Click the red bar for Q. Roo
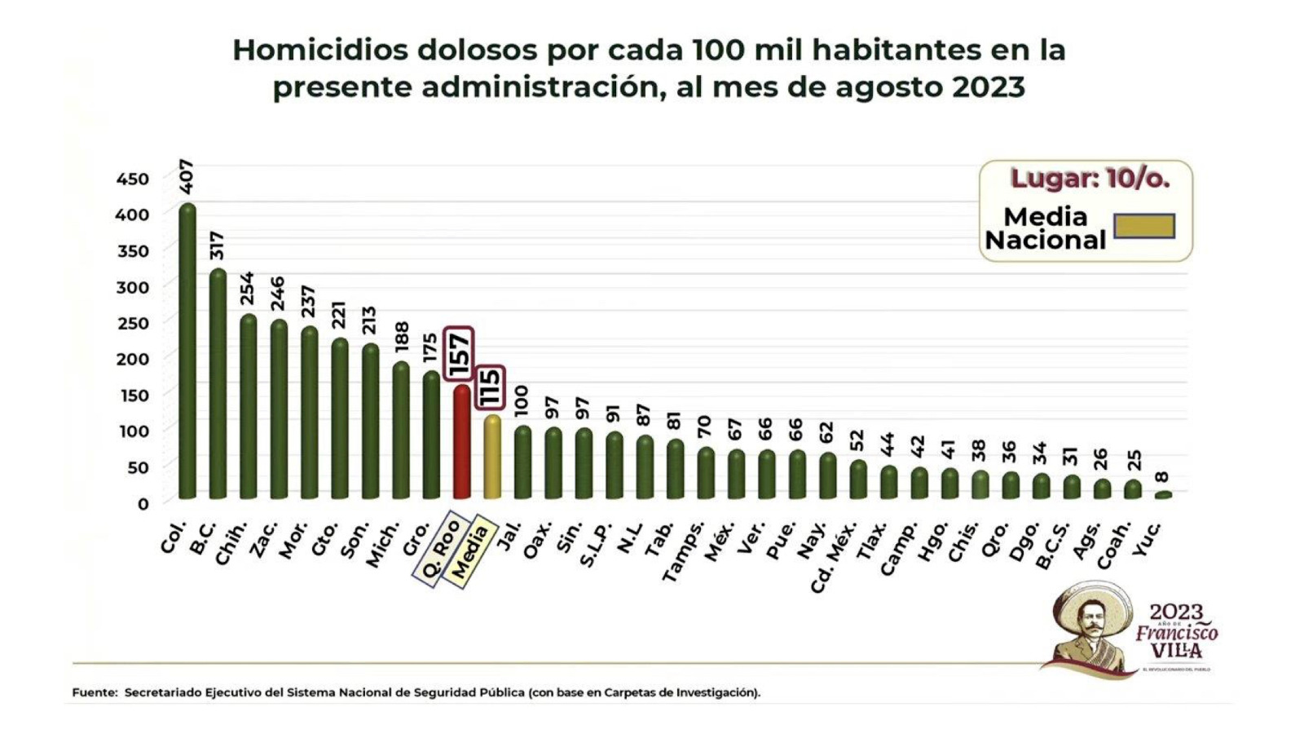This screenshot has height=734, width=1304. pos(461,442)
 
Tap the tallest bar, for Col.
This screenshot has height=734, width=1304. pos(187,351)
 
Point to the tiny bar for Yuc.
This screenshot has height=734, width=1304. pos(1163,494)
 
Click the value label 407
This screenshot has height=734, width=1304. pos(186,176)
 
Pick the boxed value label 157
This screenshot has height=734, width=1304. pos(459,354)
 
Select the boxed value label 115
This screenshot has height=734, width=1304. pos(490,387)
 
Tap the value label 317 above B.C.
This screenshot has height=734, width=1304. pos(217,246)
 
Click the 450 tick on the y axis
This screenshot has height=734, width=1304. pos(133,179)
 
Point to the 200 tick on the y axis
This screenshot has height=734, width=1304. pos(133,359)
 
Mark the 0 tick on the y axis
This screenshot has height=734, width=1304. pos(143,503)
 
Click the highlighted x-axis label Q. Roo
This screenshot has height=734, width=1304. pos(440,548)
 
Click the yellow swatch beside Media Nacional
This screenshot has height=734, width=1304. pos(1144,226)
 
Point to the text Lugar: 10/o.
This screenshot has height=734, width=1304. pos(1090,179)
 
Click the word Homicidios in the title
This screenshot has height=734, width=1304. pos(320,50)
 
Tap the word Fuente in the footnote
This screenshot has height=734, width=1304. pos(94,692)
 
